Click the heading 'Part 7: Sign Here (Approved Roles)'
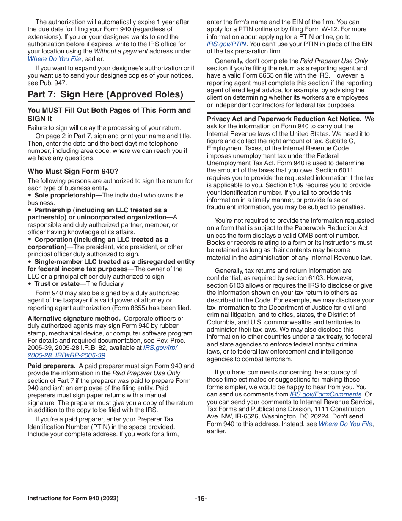pyautogui.click(x=105, y=94)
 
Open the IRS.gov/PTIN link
pyautogui.click(x=226, y=44)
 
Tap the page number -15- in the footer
pyautogui.click(x=201, y=499)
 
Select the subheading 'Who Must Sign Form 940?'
pyautogui.click(x=73, y=171)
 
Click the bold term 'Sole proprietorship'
pyautogui.click(x=65, y=195)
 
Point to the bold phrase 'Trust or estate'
pyautogui.click(x=57, y=284)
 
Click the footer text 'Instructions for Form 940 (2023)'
pyautogui.click(x=73, y=499)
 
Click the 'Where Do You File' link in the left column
pyautogui.click(x=54, y=59)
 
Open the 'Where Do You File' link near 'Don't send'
pyautogui.click(x=345, y=424)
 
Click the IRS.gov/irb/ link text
pyautogui.click(x=160, y=348)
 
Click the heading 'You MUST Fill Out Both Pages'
pyautogui.click(x=109, y=111)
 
